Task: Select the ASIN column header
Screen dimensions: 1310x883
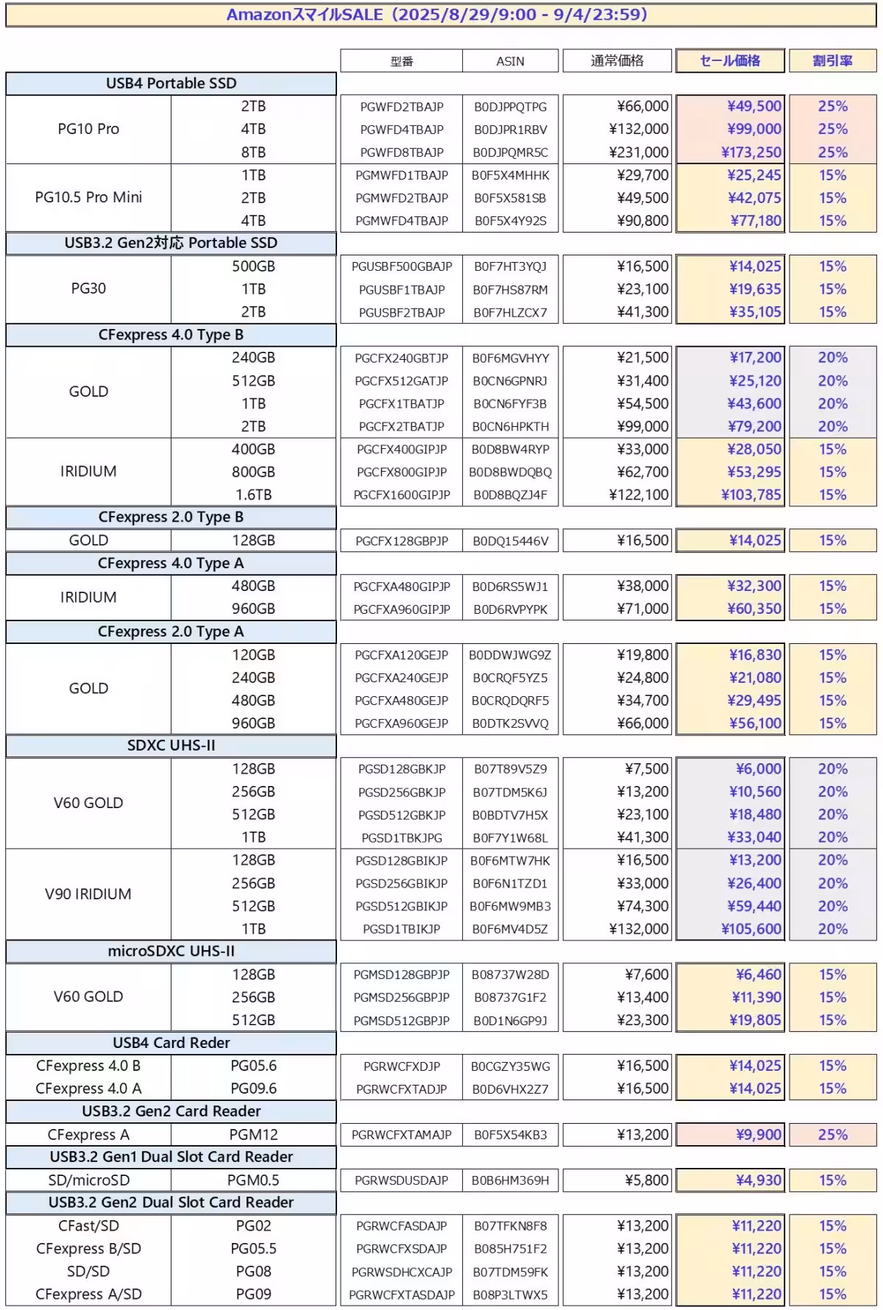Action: pos(510,61)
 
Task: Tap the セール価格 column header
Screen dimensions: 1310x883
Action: pos(730,61)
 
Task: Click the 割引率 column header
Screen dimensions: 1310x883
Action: pos(832,61)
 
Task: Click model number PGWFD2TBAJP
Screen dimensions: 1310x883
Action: pos(402,107)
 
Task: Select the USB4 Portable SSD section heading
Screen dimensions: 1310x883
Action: pos(171,83)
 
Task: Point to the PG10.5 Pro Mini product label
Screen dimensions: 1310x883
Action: pos(88,197)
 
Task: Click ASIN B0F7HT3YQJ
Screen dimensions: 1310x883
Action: pos(510,266)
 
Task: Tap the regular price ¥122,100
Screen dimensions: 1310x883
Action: pos(639,495)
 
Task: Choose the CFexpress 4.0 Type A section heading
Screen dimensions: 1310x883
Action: pos(171,563)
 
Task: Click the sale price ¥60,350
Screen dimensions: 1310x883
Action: pos(754,609)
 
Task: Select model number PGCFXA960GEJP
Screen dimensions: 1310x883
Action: pos(402,723)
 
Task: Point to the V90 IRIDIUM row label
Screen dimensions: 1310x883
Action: pos(88,894)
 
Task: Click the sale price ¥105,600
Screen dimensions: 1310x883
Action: pos(751,929)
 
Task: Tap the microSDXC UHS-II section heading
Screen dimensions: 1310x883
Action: pos(171,951)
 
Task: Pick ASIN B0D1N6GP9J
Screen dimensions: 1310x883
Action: pos(510,1021)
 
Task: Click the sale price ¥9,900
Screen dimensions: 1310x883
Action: pos(759,1135)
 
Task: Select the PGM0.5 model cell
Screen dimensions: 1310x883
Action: pos(253,1180)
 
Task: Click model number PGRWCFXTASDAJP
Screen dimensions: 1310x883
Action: pos(402,1295)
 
